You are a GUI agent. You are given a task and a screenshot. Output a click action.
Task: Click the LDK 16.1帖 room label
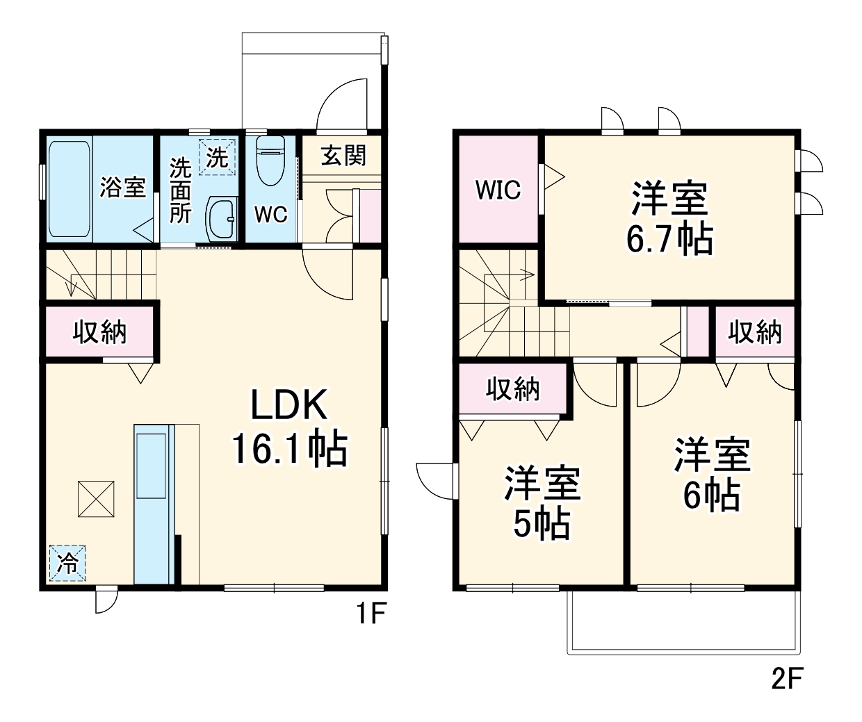coord(289,427)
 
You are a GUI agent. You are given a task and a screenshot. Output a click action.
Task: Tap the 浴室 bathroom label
coord(122,187)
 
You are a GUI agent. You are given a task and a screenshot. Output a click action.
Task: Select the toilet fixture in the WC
coord(270,163)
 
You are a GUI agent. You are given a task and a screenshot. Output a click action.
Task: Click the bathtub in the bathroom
coord(70,188)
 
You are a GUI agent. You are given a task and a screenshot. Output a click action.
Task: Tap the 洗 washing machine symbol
coord(217,157)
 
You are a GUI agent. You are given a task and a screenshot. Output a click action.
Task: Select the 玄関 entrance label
coord(343,155)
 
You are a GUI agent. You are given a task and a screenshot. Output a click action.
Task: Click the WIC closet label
coord(498,190)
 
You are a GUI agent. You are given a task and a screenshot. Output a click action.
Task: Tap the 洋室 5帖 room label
coord(542,504)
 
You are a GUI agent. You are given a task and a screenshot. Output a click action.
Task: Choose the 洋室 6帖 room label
coord(712,475)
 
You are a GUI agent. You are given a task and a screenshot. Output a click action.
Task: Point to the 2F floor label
coord(787,678)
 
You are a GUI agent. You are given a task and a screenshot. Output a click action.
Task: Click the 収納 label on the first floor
coord(100,332)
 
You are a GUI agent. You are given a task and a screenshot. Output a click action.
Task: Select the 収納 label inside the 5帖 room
coord(513,389)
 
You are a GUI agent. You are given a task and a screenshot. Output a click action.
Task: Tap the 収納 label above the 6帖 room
coord(755,333)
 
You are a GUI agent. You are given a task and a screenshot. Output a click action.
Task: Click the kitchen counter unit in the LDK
coord(154,504)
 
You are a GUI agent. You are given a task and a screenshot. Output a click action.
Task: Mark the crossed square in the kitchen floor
coord(95,498)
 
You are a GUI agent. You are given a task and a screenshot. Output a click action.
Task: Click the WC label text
coord(270,215)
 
